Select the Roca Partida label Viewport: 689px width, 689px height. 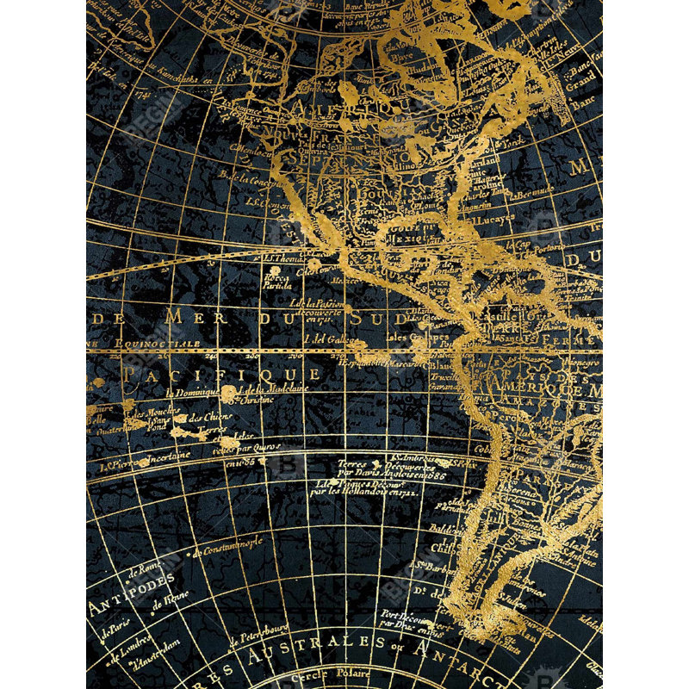click(x=278, y=282)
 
